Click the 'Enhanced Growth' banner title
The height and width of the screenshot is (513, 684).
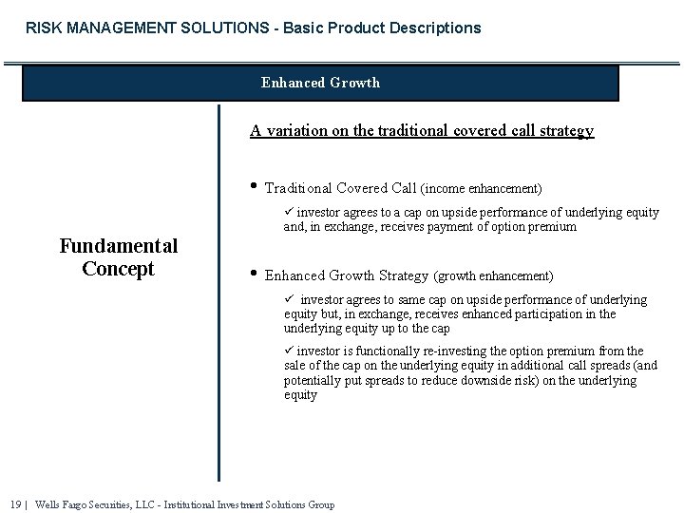[x=320, y=83]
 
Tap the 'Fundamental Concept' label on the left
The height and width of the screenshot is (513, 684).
[x=119, y=257]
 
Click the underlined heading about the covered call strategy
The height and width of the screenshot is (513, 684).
[x=422, y=131]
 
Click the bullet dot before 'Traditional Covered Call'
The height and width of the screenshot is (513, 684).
[x=254, y=187]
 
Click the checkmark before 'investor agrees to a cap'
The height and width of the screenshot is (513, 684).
[x=289, y=213]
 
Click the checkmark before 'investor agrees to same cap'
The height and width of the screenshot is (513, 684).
[x=289, y=300]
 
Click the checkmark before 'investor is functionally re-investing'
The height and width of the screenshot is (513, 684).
[x=289, y=351]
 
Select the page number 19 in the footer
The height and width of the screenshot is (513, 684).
[x=16, y=504]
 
